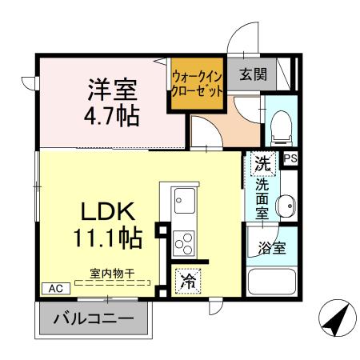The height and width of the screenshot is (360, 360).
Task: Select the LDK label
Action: [x=110, y=211]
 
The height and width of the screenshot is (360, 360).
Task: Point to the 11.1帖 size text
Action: [x=109, y=238]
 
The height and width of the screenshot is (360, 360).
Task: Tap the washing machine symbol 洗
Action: [x=262, y=163]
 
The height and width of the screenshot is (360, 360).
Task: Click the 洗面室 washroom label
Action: [x=262, y=201]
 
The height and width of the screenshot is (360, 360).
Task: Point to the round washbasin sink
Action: [x=285, y=206]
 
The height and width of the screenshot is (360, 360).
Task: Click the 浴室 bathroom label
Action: [x=273, y=248]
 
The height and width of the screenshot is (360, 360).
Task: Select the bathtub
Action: [x=272, y=283]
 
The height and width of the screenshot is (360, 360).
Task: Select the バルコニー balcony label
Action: [x=94, y=318]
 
